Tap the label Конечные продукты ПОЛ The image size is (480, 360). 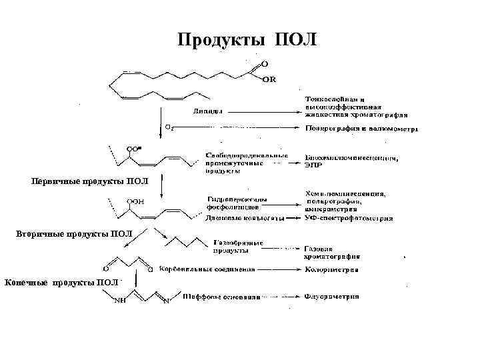point(61,283)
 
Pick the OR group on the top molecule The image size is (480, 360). point(269,80)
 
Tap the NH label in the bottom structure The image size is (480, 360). point(121,301)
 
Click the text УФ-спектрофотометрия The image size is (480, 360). point(348,218)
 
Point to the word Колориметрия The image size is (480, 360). point(331,270)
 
